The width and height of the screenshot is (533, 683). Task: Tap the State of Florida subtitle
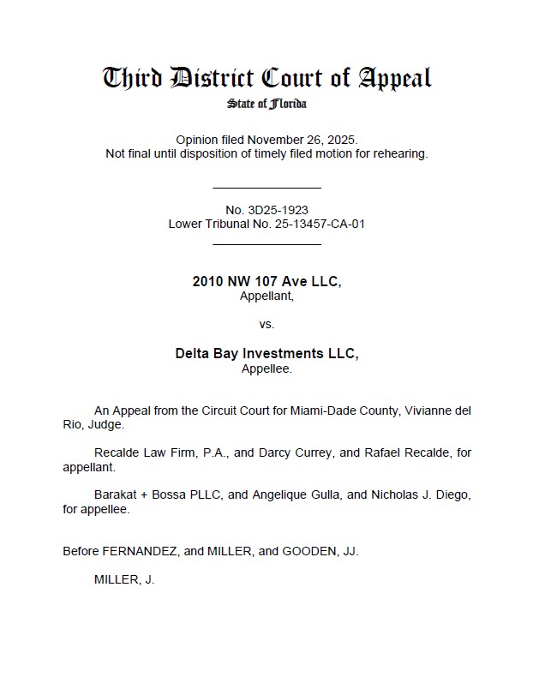pyautogui.click(x=266, y=105)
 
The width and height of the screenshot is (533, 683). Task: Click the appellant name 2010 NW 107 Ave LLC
pyautogui.click(x=266, y=282)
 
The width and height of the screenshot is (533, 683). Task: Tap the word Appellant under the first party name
pyautogui.click(x=266, y=296)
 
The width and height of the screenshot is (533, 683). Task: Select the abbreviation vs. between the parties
pyautogui.click(x=266, y=324)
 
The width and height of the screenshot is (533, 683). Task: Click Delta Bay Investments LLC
pyautogui.click(x=266, y=354)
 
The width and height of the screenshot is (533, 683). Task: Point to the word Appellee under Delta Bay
pyautogui.click(x=266, y=368)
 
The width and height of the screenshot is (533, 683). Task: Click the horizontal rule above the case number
pyautogui.click(x=266, y=188)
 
